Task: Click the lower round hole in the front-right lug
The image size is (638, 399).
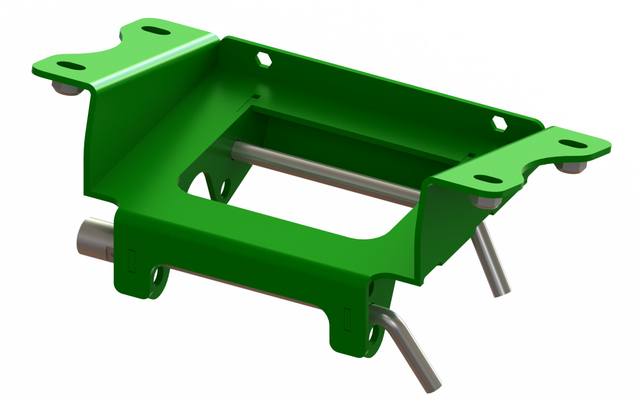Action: (374, 334)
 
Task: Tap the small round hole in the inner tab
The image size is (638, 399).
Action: (226, 186)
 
